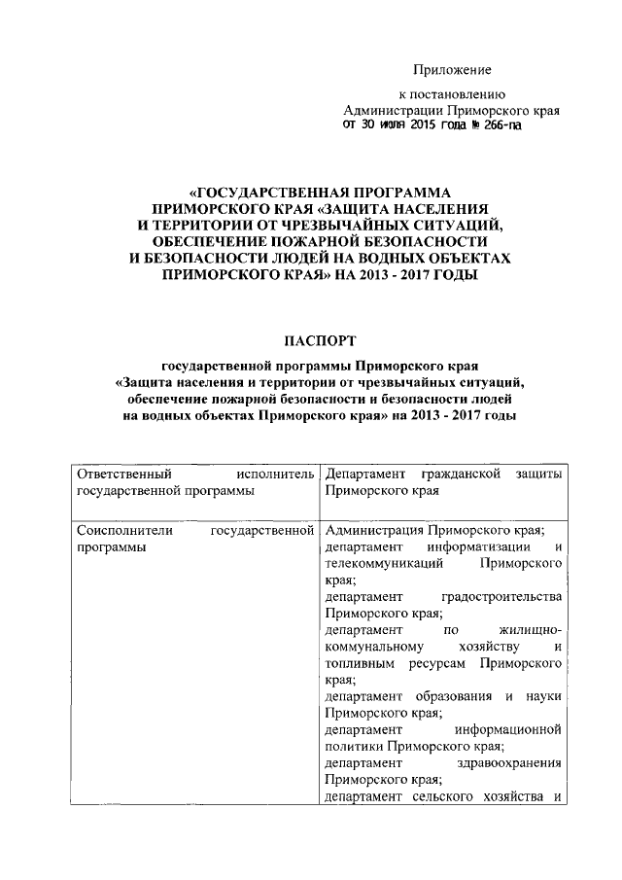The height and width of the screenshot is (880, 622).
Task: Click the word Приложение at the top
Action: [452, 70]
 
